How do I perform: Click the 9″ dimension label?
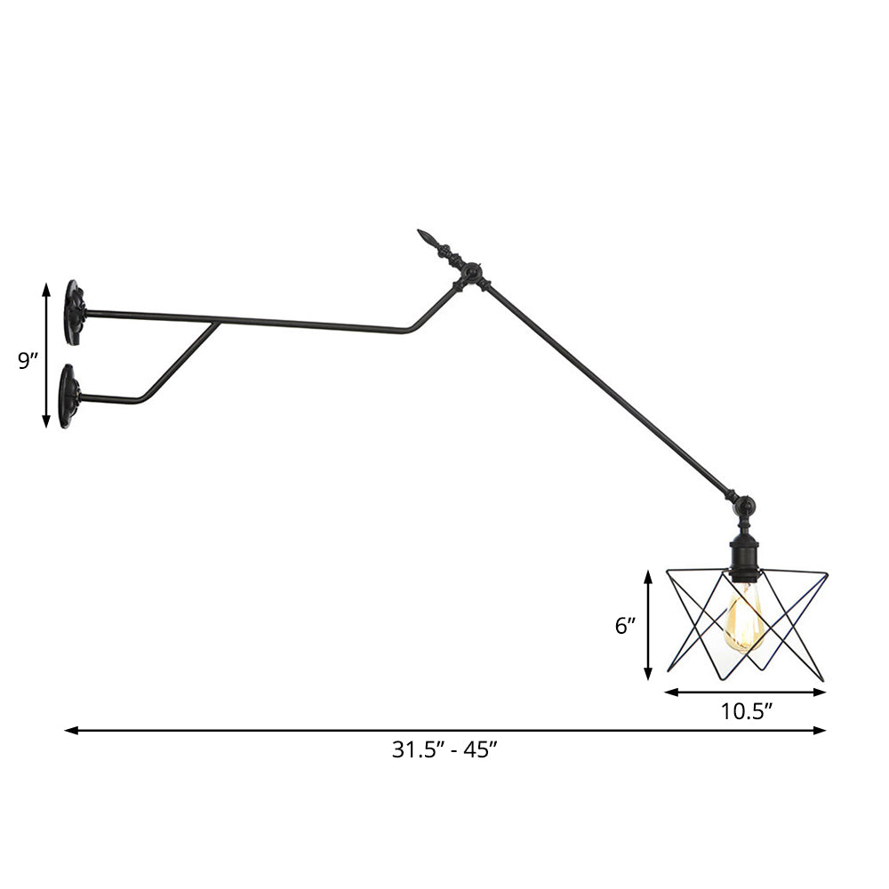tap(28, 361)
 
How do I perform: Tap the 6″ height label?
tap(626, 626)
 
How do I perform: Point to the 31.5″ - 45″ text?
tap(444, 749)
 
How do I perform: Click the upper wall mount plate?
tap(74, 313)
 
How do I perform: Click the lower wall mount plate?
tap(68, 396)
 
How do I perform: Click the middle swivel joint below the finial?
tap(472, 272)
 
